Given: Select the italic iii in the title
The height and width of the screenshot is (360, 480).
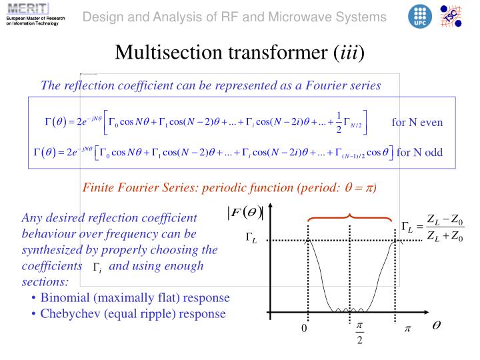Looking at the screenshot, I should tap(349, 52).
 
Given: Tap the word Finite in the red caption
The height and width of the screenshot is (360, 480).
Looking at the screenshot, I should tap(99, 187).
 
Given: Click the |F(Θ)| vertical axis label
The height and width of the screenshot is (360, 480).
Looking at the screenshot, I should tap(246, 212).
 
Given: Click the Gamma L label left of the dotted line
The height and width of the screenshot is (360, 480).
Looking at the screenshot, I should tap(251, 239).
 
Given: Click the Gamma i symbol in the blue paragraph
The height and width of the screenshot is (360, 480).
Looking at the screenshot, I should tap(97, 268).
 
